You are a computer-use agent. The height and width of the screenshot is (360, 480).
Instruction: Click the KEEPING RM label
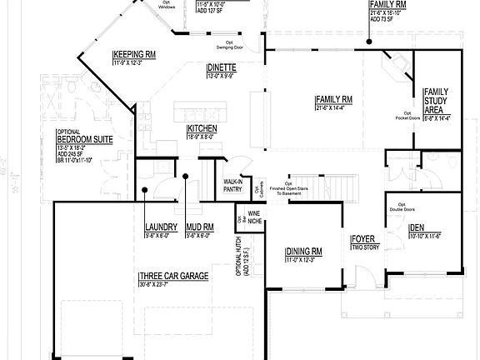tap(135, 55)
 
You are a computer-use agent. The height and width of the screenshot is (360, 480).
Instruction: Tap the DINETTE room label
tap(222, 68)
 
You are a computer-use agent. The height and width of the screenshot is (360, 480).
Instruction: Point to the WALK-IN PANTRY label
tap(233, 186)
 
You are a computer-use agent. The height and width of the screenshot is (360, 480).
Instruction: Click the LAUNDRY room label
tap(159, 227)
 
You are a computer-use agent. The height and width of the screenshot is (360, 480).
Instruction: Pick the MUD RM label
tap(201, 227)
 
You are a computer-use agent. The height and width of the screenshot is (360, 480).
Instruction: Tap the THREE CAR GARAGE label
tap(173, 277)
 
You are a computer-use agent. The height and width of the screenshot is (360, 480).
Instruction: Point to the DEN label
tap(417, 227)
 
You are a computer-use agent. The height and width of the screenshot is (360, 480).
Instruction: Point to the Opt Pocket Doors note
tap(407, 117)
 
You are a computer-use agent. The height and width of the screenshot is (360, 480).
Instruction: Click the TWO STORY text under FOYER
tap(364, 247)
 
